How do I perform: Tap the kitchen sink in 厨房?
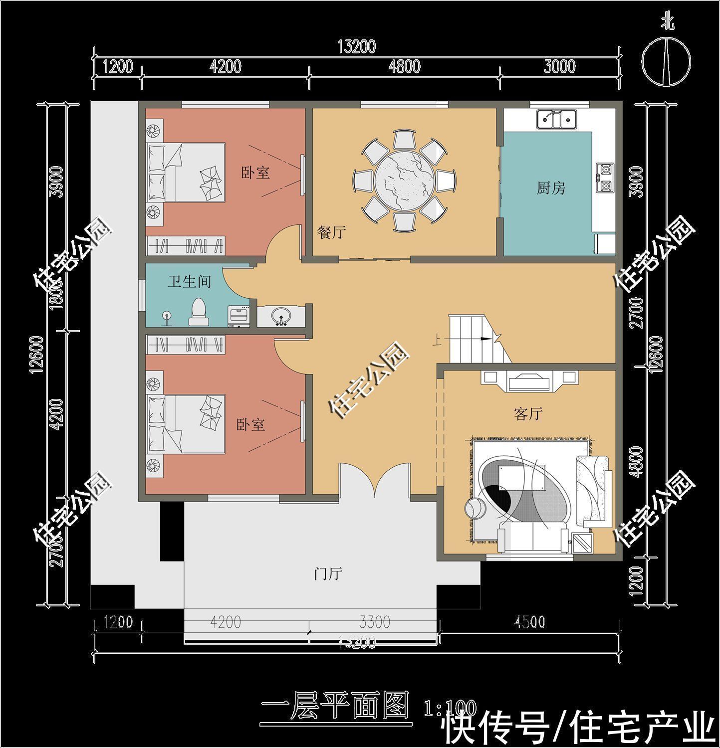[556, 119]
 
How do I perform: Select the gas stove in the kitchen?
[605, 178]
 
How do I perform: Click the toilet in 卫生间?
[198, 312]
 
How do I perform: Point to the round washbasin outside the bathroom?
[281, 316]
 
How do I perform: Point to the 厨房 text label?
[551, 188]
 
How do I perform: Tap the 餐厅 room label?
[331, 232]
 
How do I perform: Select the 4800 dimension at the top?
[404, 66]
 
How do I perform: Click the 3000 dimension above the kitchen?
[559, 66]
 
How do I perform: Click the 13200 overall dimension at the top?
[356, 47]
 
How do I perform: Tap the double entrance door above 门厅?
[374, 481]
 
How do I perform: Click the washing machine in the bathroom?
[239, 317]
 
